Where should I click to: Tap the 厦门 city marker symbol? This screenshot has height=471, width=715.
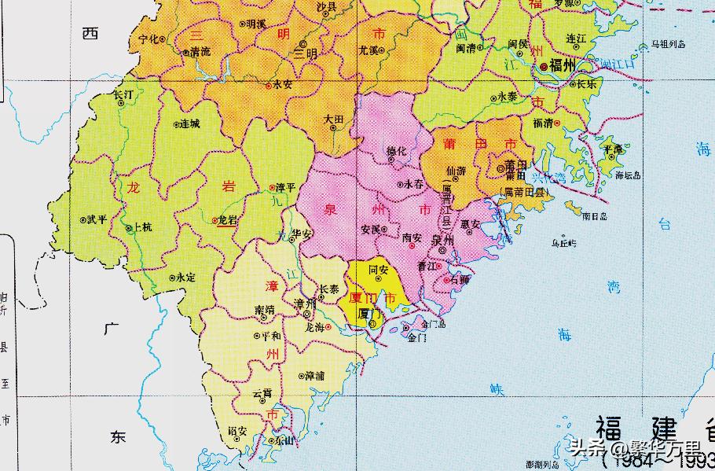372,322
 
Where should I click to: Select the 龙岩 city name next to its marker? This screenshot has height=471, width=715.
227,221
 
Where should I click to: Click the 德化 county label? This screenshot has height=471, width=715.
398,152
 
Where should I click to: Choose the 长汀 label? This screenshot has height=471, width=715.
124,94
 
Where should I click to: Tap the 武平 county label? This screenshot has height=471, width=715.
97,220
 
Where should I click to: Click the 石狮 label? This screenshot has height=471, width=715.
460,279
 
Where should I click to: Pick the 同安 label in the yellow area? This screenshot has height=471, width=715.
379,269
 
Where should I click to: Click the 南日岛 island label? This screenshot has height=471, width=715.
596,214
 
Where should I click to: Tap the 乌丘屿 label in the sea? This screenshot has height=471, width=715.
563,244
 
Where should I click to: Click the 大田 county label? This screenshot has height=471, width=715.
334,120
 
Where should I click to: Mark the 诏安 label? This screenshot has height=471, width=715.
237,432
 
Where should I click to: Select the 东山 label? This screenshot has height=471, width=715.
277,441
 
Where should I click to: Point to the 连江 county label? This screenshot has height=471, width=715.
576,38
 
